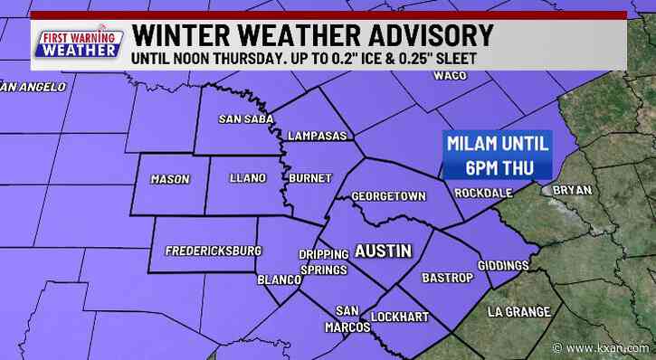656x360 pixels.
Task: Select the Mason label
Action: [170, 178]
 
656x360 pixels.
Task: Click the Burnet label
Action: [309, 178]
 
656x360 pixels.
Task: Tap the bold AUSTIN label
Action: [383, 250]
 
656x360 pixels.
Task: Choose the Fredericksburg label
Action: [214, 250]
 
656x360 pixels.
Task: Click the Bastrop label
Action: [447, 278]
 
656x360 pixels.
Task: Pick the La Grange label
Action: [518, 312]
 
